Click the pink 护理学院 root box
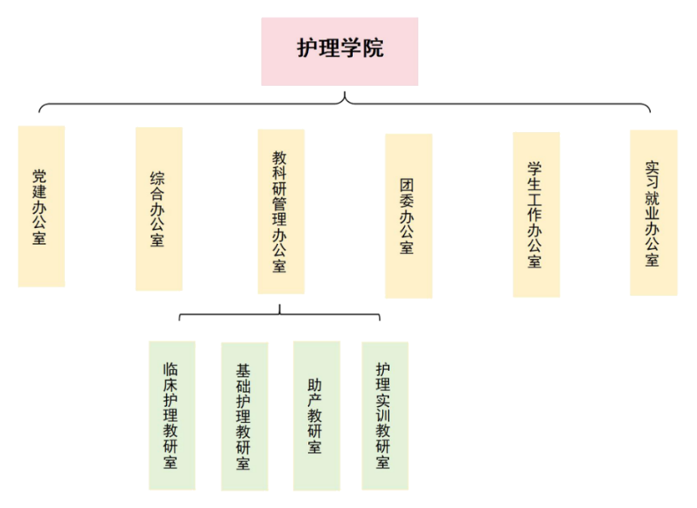339,51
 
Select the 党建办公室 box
41,206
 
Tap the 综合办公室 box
159,209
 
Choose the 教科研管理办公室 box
280,210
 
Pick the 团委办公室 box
408,215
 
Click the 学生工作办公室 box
536,214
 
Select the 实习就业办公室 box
653,212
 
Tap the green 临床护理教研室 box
171,415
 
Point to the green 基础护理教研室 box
244,415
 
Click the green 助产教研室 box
317,415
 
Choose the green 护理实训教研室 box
385,415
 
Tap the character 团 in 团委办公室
408,185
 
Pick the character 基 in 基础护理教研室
244,369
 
